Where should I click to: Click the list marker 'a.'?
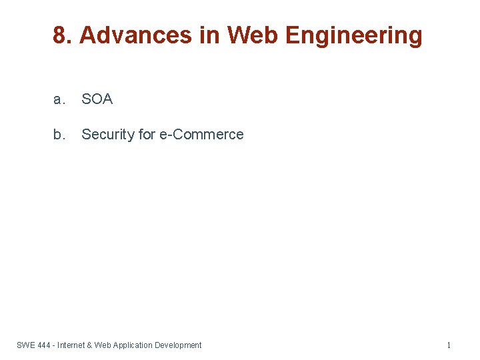(59, 99)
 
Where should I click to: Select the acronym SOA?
(97, 99)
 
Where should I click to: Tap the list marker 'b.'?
(59, 135)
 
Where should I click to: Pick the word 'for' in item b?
(147, 135)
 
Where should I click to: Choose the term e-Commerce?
(201, 135)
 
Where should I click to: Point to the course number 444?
(45, 345)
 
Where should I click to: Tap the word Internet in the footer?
(71, 345)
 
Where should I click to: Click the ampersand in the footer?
(90, 345)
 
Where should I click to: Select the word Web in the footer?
(103, 345)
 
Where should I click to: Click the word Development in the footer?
(178, 345)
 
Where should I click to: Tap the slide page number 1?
(449, 345)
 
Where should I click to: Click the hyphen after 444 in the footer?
(54, 345)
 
